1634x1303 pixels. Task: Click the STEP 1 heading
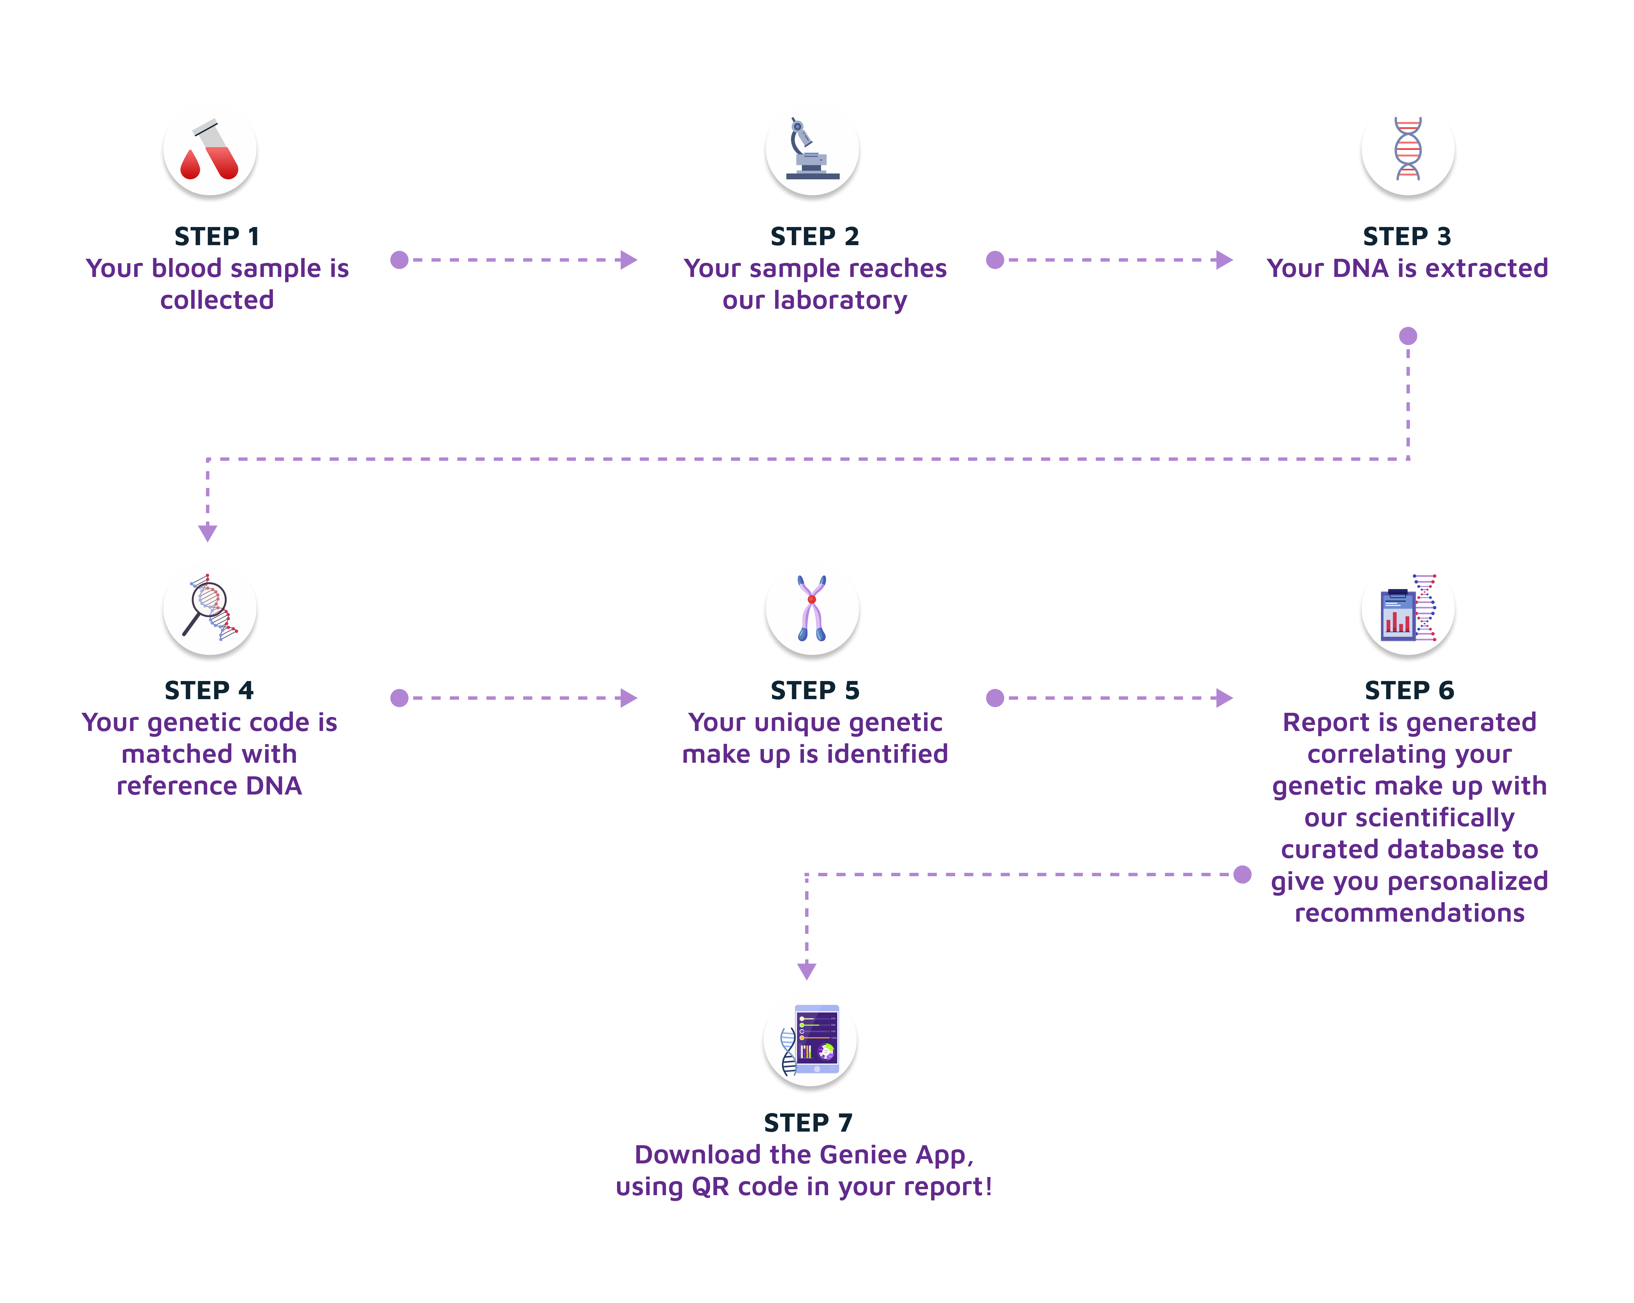pyautogui.click(x=217, y=236)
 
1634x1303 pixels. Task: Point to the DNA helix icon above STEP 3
pyautogui.click(x=1407, y=149)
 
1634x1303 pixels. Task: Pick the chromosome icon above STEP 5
pyautogui.click(x=812, y=608)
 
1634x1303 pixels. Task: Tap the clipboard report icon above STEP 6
pyautogui.click(x=1407, y=608)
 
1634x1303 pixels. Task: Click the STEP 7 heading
pyautogui.click(x=808, y=1123)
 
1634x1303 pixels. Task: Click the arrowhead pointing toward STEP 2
pyautogui.click(x=628, y=260)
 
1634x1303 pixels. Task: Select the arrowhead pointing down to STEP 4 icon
pyautogui.click(x=208, y=533)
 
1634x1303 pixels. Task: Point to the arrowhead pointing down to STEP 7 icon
pyautogui.click(x=807, y=971)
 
